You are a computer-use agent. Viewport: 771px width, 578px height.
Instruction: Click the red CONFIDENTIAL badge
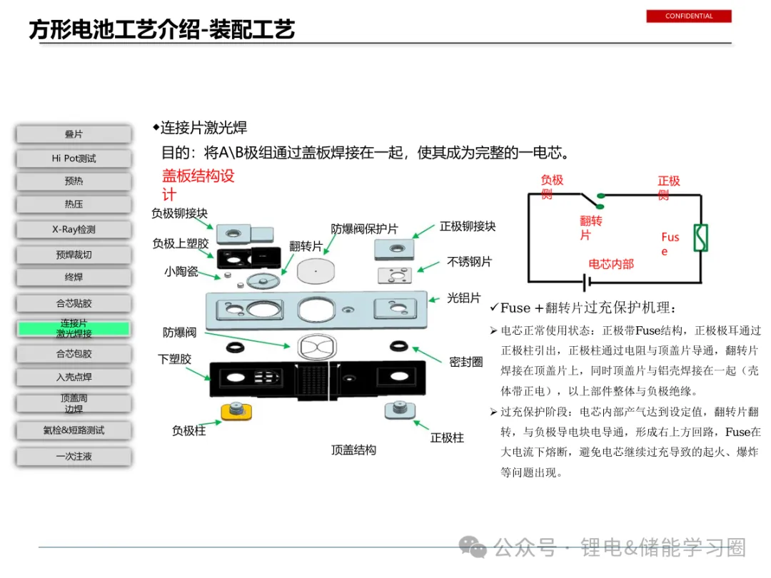pos(689,16)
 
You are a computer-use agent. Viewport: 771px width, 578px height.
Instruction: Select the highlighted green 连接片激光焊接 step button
pos(74,328)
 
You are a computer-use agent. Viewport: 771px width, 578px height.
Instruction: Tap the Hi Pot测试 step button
pos(74,158)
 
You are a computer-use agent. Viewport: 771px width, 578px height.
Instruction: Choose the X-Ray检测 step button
pos(74,230)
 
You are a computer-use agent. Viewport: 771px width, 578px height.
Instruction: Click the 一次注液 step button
pos(74,456)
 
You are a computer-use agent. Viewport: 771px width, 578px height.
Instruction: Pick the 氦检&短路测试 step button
pos(74,430)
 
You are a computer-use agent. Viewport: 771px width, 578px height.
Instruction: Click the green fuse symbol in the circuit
pos(700,238)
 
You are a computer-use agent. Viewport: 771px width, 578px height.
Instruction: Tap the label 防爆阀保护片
pos(364,229)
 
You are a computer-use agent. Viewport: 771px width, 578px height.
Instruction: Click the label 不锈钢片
pos(469,262)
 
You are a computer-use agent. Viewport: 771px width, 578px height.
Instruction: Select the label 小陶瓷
pos(181,271)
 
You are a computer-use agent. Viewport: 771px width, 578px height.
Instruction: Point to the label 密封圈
pos(465,362)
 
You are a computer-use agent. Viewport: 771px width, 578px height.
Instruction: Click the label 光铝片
pos(464,298)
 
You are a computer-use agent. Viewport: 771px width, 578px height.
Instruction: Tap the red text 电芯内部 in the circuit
pos(610,264)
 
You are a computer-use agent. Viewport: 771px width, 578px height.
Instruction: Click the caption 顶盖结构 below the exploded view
pos(353,450)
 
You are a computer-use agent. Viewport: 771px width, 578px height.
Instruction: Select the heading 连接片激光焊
pos(203,128)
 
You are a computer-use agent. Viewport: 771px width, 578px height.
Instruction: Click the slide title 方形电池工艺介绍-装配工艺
pos(162,30)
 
